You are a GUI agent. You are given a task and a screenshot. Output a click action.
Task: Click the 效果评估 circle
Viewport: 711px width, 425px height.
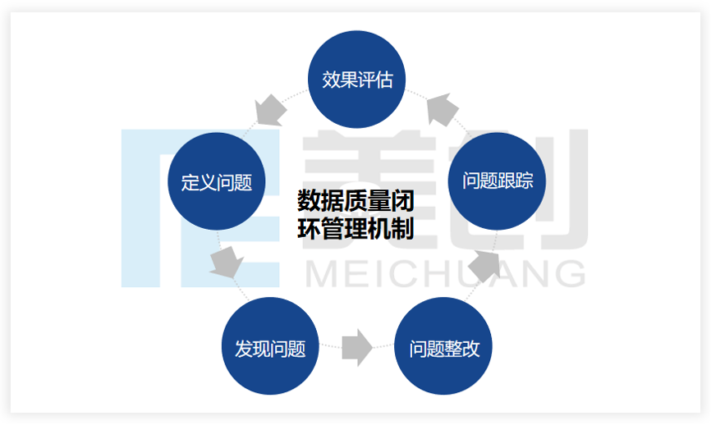tap(357, 80)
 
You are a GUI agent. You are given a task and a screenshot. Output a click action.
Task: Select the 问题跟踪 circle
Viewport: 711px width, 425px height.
tap(498, 181)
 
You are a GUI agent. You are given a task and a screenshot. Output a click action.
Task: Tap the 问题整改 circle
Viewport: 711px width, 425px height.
tap(444, 347)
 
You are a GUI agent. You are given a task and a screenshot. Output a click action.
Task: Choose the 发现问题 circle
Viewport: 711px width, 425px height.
tap(270, 347)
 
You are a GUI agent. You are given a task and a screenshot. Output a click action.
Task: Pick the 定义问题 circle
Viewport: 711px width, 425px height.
tap(217, 181)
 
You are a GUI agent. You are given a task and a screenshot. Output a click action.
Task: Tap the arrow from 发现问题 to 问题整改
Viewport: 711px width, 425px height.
tap(357, 347)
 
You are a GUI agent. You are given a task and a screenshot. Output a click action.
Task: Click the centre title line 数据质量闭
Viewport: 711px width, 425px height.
tap(355, 200)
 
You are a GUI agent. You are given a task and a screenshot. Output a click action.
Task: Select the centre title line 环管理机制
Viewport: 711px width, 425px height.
tap(355, 227)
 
